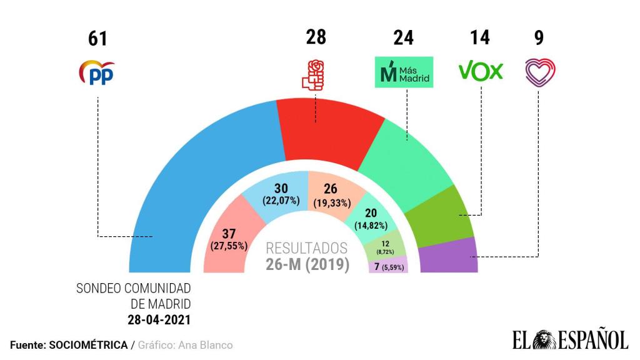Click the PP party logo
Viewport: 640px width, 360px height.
point(97,73)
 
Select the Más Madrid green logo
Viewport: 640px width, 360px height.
point(404,73)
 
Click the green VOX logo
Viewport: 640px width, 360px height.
point(481,71)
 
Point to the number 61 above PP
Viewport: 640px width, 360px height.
point(97,39)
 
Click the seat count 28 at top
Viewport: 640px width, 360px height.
point(316,37)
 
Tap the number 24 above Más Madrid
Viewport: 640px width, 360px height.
point(404,38)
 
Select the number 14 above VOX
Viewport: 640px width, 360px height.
point(480,37)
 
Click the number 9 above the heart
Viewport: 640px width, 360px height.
point(539,37)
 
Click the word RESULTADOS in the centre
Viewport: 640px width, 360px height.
point(306,247)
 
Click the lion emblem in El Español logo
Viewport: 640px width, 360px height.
point(542,339)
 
